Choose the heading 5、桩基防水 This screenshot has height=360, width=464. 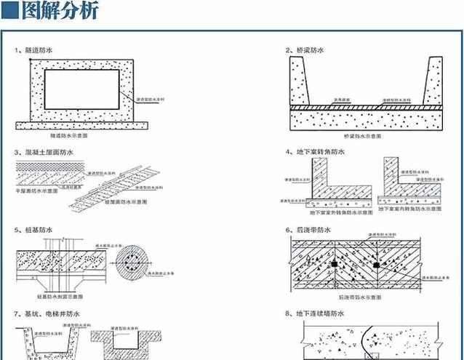[x=34, y=230]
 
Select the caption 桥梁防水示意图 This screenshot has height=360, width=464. [x=362, y=136]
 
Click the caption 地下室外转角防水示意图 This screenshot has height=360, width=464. [x=337, y=213]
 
